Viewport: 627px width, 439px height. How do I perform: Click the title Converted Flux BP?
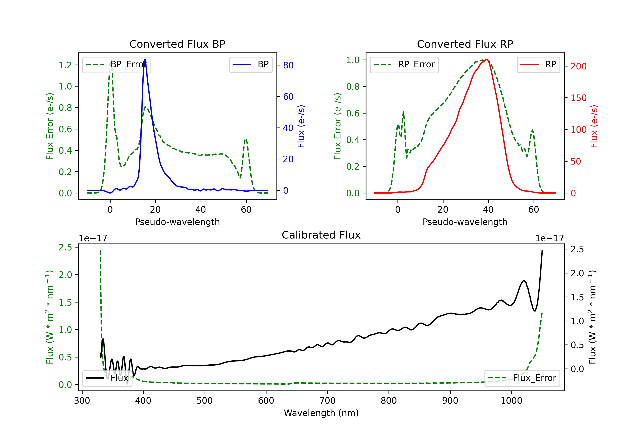click(177, 44)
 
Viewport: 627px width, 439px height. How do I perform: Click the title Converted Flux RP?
click(465, 44)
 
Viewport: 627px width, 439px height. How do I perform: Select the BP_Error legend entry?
click(117, 64)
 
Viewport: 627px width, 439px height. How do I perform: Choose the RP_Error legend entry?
click(404, 64)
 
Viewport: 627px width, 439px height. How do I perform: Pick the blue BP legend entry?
click(251, 64)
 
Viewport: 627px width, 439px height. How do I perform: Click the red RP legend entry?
click(538, 64)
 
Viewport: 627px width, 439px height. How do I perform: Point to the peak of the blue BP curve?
click(145, 59)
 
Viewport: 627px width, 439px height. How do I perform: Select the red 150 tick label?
click(578, 98)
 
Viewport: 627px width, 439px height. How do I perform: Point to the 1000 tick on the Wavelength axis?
click(511, 401)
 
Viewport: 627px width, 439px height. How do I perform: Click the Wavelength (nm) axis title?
click(321, 413)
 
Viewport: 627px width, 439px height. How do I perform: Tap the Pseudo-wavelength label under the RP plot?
click(465, 222)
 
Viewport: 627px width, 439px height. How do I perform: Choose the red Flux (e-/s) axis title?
click(594, 126)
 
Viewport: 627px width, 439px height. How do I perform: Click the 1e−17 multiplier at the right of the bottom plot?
click(549, 238)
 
